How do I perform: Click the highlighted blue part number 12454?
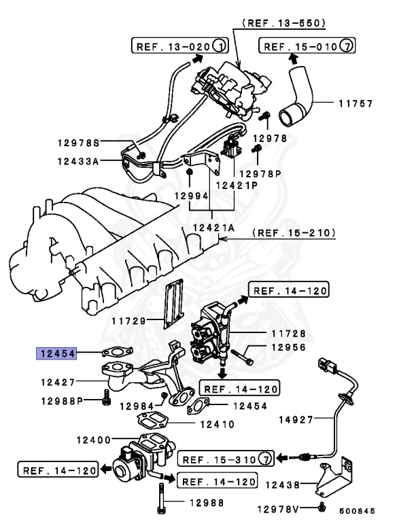[x=57, y=353]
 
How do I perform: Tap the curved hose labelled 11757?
[x=299, y=95]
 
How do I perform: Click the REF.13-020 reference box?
[x=179, y=46]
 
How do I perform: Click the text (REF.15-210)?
[x=294, y=233]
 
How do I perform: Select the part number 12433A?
[x=78, y=161]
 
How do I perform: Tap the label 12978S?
[x=77, y=143]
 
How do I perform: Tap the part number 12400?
[x=96, y=440]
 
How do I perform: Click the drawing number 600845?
[x=357, y=510]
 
